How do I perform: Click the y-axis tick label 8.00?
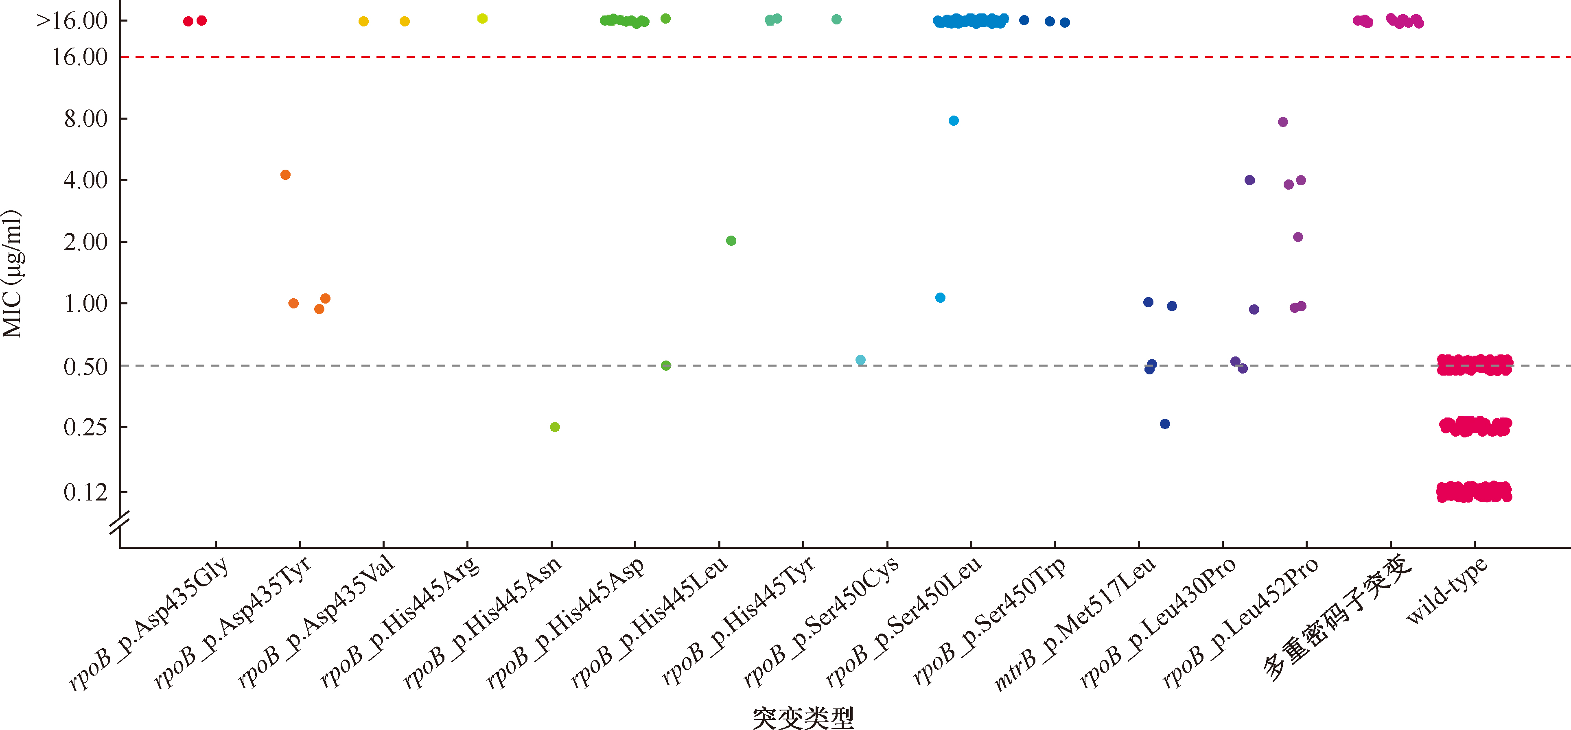(x=85, y=118)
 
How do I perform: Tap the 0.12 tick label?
(x=85, y=492)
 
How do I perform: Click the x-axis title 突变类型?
(x=803, y=717)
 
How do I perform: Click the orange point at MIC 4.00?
(x=285, y=175)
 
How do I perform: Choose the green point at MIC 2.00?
(x=731, y=241)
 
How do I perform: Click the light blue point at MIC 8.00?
(x=954, y=121)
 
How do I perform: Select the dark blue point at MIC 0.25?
(x=1165, y=424)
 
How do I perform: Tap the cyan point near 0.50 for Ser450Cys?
(x=860, y=360)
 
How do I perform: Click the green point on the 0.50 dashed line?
(x=666, y=365)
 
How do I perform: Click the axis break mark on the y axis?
(x=120, y=523)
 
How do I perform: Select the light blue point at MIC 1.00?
(x=941, y=297)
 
